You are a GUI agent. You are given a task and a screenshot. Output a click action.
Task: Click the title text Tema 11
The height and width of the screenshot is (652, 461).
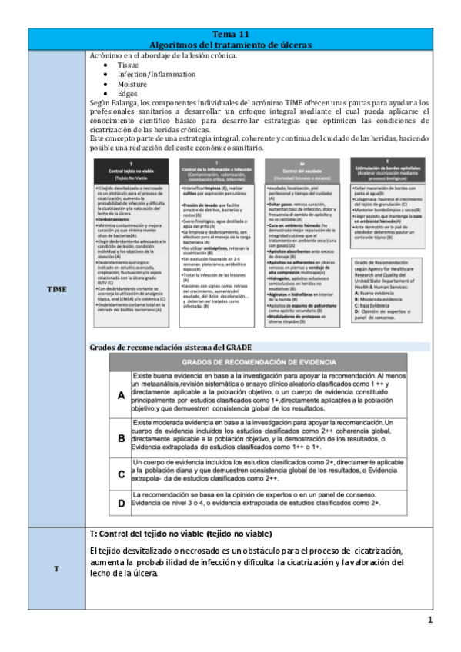[231, 35]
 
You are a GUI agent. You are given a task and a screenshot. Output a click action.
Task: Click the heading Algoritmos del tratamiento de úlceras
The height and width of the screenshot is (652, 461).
[231, 45]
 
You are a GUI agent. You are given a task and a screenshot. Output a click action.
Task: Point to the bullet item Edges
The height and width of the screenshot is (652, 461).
[128, 94]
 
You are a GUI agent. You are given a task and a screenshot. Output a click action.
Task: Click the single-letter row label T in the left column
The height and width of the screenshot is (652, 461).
[56, 568]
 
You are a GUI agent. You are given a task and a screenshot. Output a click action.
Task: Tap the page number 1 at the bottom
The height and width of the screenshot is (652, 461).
[430, 620]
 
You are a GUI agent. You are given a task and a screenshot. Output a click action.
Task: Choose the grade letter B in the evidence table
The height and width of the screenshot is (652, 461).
[121, 438]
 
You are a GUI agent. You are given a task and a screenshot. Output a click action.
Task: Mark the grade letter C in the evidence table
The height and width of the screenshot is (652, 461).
[121, 474]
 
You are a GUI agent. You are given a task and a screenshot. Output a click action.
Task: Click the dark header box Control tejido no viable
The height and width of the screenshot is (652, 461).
[134, 171]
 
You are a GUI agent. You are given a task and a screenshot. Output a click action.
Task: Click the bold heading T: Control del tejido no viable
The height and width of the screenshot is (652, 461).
[181, 534]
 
